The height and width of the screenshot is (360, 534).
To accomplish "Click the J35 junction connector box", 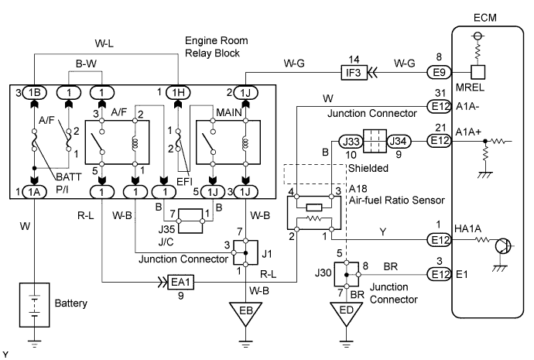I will [191, 219].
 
